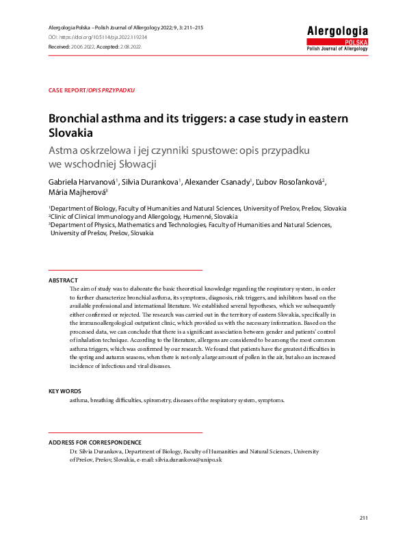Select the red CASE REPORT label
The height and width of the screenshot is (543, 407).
coord(67,90)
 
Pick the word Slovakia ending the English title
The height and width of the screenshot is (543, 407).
coord(70,133)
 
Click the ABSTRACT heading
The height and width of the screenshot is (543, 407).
coord(63,281)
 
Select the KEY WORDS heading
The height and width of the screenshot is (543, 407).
coord(65,391)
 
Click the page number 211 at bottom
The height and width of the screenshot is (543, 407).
coord(363,518)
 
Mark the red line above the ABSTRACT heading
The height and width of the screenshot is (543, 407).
coord(125,271)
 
